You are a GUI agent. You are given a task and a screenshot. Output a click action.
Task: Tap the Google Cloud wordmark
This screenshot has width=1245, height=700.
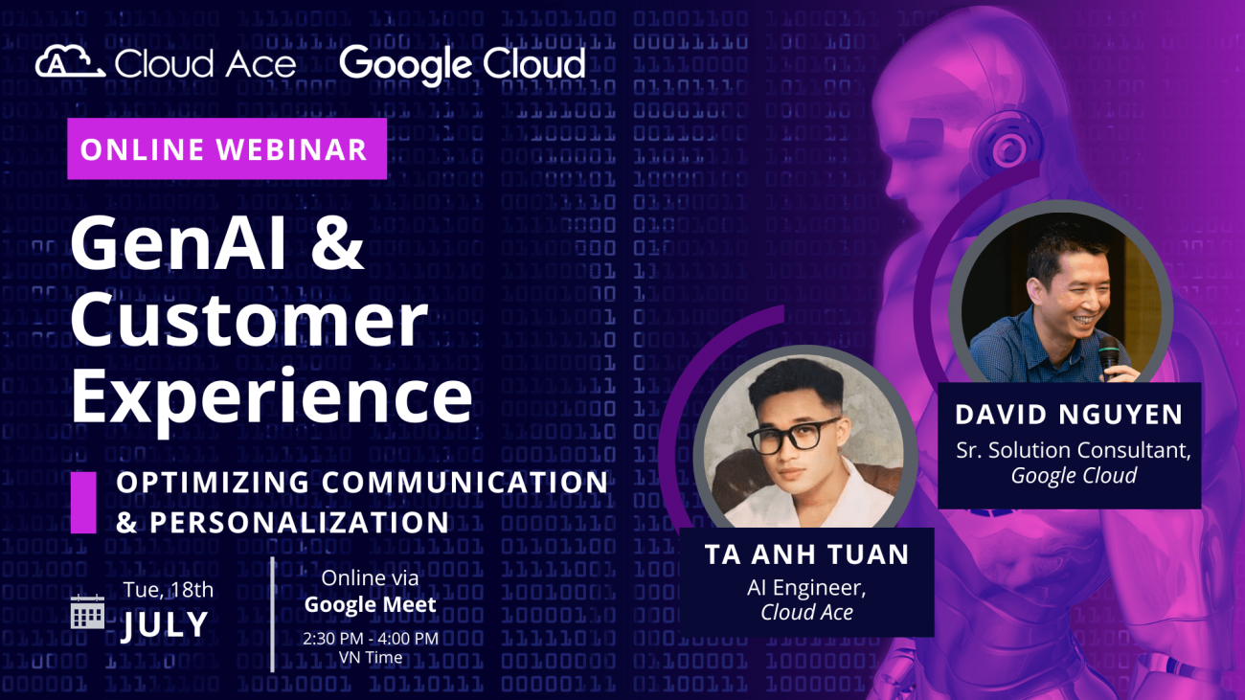(x=462, y=64)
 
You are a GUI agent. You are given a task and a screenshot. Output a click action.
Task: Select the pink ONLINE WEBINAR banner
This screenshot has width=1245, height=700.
(x=226, y=149)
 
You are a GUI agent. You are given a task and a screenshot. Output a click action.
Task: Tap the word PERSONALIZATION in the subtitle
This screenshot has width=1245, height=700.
(x=300, y=523)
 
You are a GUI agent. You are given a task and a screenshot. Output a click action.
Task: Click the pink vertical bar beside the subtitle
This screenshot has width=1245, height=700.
(x=83, y=503)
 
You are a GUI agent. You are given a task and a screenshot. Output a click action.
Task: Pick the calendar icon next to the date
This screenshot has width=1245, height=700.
(x=88, y=611)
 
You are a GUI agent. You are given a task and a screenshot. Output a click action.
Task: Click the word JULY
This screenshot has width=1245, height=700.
(x=165, y=625)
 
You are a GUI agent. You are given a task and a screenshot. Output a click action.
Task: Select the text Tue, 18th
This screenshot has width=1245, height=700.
(x=168, y=590)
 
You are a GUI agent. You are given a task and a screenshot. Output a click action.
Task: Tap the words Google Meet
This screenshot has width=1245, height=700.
(x=370, y=604)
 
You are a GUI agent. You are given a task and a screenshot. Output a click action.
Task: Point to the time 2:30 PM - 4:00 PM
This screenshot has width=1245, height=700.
(x=370, y=638)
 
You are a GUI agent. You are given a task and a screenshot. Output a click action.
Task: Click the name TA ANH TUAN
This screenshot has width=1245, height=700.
(x=806, y=555)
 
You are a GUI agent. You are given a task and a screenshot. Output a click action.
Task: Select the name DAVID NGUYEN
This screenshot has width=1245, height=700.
(x=1069, y=415)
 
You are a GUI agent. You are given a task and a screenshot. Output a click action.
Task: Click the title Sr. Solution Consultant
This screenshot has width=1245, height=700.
(x=1073, y=449)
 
